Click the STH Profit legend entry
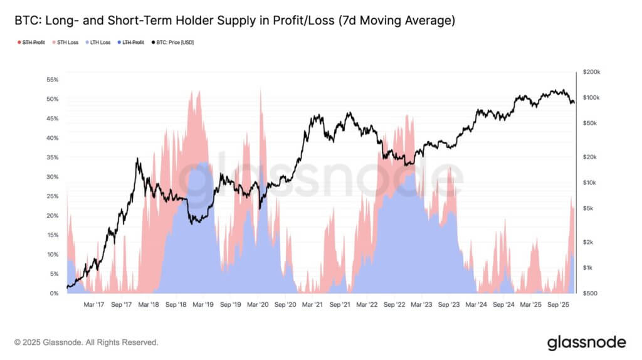[31, 43]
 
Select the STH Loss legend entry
[67, 43]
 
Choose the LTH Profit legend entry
[132, 43]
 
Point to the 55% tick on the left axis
[52, 80]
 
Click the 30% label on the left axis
[52, 177]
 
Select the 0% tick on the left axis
[54, 294]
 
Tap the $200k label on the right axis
[591, 73]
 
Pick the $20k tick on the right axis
[590, 157]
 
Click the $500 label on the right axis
[590, 294]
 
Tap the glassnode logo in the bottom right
[586, 342]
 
